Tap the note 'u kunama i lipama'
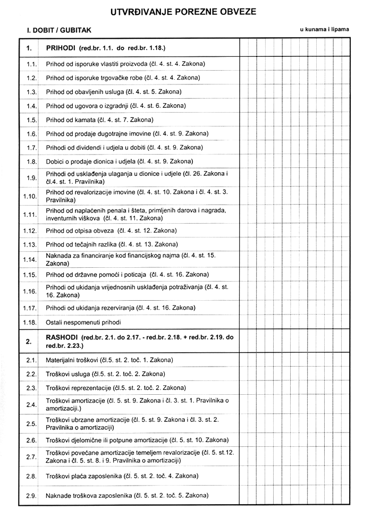coord(324,29)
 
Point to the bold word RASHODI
coord(63,337)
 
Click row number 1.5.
coord(31,120)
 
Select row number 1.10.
coord(30,196)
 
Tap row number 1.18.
coord(30,323)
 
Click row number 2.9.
coord(31,496)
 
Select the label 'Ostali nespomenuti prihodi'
coord(83,323)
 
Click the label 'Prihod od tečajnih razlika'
coord(82,244)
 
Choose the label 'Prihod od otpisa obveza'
coord(80,231)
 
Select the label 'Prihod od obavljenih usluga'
coord(84,92)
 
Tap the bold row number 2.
coord(29,342)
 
